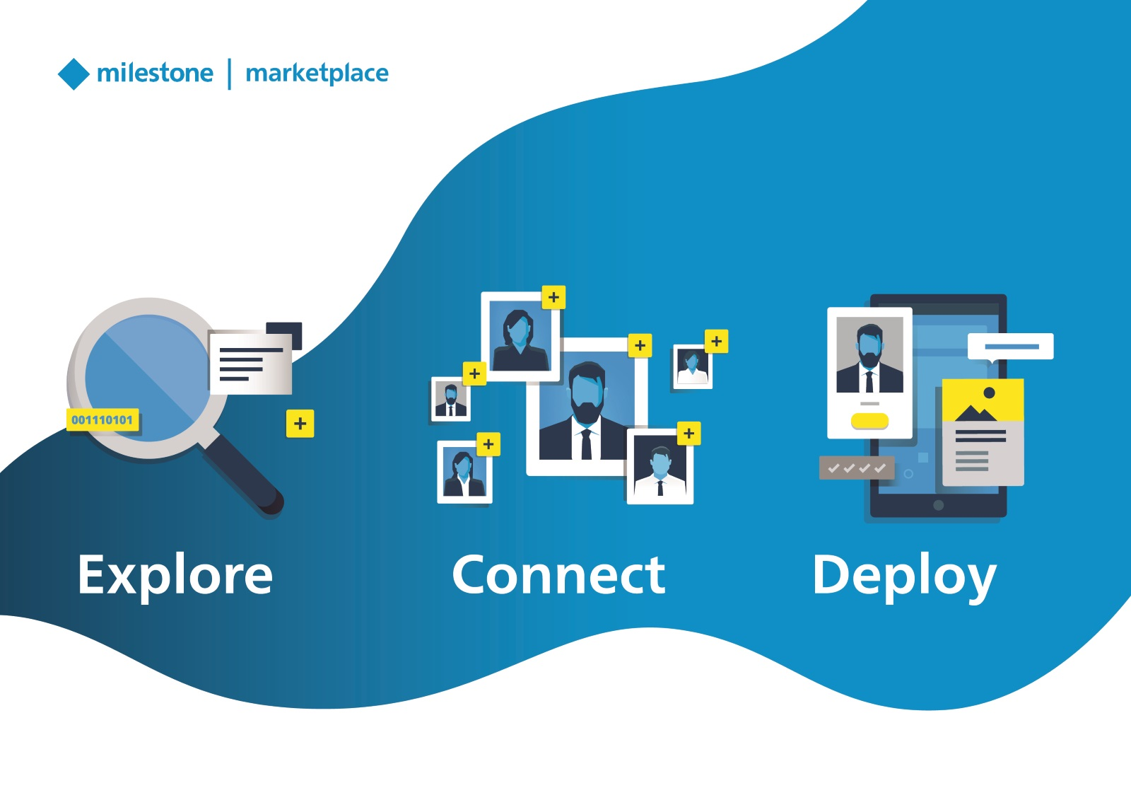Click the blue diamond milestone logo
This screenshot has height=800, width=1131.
point(74,74)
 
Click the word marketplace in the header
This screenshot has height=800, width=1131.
point(317,74)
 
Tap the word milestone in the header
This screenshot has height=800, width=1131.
point(155,73)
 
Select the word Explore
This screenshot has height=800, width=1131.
point(175,575)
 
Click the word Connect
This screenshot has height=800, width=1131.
point(558,575)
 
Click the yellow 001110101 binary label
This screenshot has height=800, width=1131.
point(102,420)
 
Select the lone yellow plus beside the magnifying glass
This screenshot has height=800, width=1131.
point(300,424)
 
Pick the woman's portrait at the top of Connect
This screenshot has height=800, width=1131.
point(520,336)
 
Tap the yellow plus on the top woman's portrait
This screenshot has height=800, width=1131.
point(553,298)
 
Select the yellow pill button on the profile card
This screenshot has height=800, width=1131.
point(869,422)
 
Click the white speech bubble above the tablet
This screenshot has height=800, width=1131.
point(1011,347)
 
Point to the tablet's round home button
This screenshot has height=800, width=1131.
point(938,505)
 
